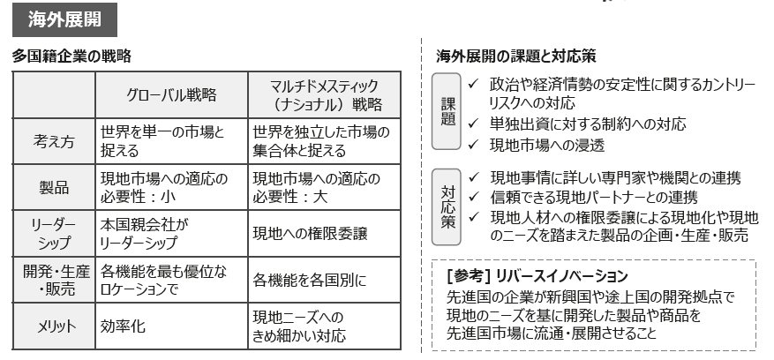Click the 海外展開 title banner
(64, 19)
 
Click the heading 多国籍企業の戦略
(71, 56)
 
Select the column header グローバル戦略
(171, 94)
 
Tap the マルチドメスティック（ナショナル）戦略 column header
(324, 94)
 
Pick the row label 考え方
(54, 142)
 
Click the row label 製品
(54, 188)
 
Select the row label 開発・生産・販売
(56, 280)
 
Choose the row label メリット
(56, 326)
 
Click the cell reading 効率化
(123, 326)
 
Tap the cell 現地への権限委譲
(310, 234)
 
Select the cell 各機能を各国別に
(310, 280)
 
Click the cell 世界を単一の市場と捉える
(163, 141)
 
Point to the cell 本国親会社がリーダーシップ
(145, 234)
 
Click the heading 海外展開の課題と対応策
(515, 56)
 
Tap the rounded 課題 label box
(447, 111)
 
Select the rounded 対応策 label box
(447, 207)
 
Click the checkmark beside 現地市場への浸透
(473, 144)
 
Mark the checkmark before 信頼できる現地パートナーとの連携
(474, 197)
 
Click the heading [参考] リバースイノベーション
(537, 276)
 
